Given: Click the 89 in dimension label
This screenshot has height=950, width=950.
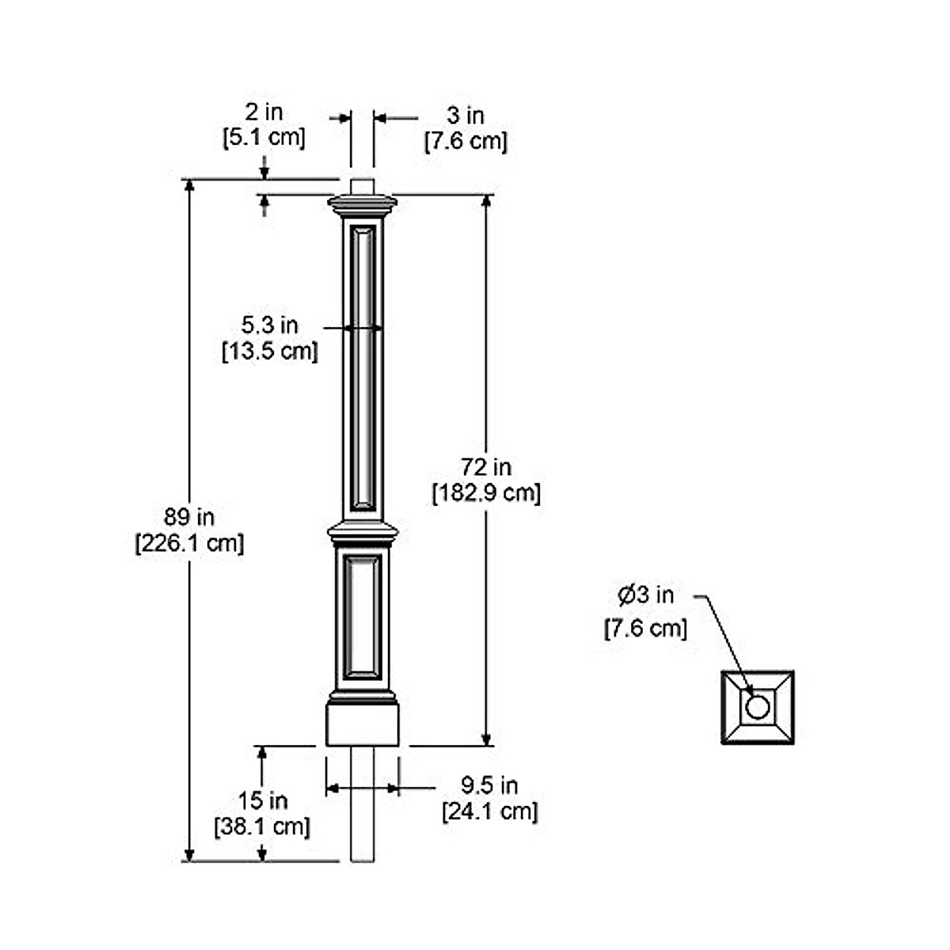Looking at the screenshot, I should [189, 518].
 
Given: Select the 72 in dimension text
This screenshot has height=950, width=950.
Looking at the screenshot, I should [486, 467].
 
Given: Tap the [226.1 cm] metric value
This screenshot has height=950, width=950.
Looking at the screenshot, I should [189, 544].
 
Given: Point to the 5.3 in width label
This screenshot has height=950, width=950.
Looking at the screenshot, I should [270, 325].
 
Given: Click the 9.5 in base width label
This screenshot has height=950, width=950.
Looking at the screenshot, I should [489, 785].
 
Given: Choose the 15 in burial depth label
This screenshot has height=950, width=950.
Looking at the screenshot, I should [263, 800].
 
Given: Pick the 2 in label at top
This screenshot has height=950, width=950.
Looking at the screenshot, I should [264, 112].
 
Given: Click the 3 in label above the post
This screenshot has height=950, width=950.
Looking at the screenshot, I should [465, 116].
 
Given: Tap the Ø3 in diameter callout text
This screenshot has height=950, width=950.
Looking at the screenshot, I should [646, 594].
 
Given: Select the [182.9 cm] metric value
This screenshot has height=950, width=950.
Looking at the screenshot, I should [486, 493].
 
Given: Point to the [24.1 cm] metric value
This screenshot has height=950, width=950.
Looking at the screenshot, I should [489, 811].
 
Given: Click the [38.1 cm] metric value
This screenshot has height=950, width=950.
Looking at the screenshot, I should [263, 826].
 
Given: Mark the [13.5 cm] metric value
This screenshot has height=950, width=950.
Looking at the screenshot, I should [270, 351].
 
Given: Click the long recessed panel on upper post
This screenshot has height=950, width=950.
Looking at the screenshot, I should [363, 368].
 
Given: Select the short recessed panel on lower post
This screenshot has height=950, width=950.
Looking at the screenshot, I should [363, 616].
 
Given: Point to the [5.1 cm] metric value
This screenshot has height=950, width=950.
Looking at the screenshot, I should [264, 137].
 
